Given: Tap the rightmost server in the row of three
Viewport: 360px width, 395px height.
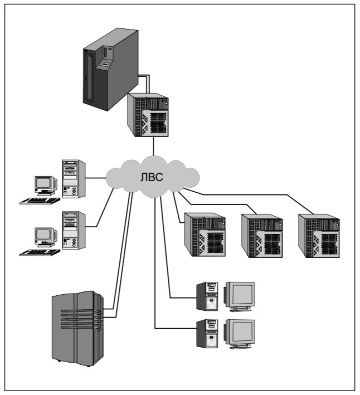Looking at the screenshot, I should tap(319, 235).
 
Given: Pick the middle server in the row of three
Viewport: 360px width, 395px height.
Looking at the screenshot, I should tap(262, 235).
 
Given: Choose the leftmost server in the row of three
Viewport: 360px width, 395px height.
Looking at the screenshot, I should tap(205, 235).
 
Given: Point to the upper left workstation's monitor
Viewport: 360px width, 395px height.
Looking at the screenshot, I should tap(45, 184).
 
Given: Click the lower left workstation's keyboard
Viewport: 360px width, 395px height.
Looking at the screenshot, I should tap(40, 252).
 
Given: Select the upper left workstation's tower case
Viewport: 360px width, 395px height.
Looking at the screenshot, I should tap(74, 179).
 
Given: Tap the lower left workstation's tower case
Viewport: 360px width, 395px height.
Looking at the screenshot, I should tap(74, 230).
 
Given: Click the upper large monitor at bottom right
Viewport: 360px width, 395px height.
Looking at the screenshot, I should tap(239, 296).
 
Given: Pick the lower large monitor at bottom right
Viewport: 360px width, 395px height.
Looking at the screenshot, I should tap(239, 333).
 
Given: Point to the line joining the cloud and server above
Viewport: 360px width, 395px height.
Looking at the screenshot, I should tap(153, 147).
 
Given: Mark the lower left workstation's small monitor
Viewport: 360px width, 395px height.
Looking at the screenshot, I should tap(45, 235).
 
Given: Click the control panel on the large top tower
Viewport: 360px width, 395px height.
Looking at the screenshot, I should tap(104, 65).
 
